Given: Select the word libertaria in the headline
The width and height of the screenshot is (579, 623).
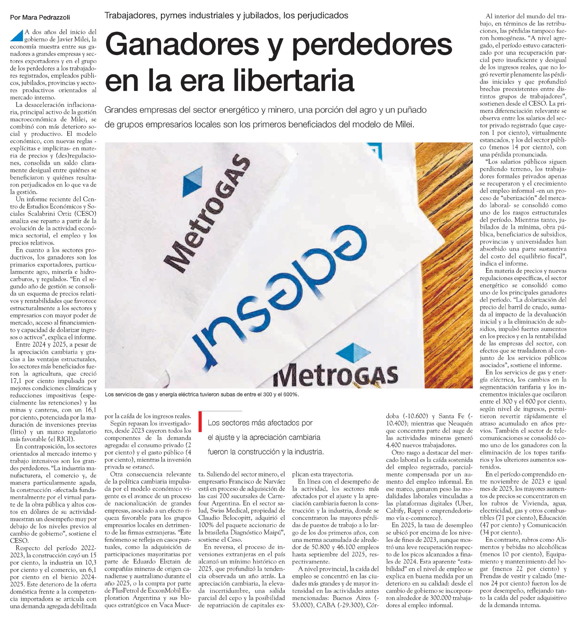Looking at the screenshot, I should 290,81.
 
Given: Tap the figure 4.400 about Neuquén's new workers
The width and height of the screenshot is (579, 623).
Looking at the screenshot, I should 395,445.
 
